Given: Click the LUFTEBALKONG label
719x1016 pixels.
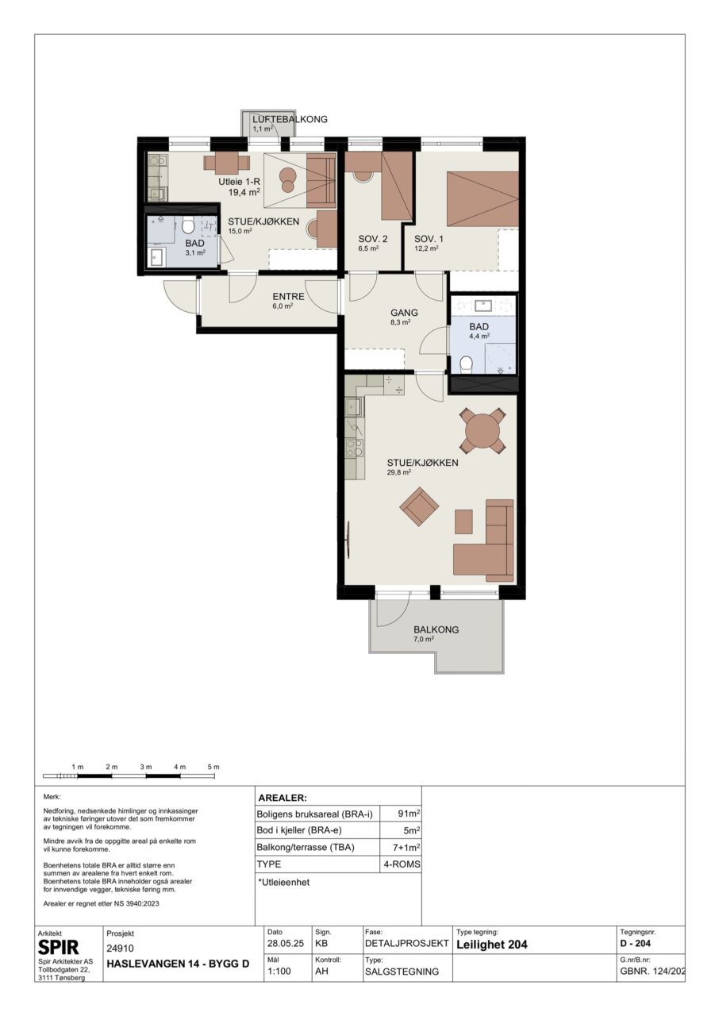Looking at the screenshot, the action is coord(290,120).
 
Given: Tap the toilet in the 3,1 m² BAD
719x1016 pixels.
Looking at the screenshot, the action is coord(187,224).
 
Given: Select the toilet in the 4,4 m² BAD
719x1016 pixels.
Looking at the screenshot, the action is coord(466,364).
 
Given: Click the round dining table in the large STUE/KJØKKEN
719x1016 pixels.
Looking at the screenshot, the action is coord(483,429).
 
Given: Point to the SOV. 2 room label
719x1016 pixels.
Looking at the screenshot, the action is coord(373,239).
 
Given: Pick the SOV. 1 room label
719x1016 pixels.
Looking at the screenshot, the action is coord(429,239).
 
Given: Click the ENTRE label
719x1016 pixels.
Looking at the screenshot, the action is coord(288,297).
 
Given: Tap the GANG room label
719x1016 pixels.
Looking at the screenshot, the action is coord(405,313).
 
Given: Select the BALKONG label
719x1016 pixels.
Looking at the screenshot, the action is coord(436,629).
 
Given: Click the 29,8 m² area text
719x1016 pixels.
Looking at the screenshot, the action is coord(399,471).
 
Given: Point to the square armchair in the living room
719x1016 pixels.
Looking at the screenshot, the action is coord(419,506).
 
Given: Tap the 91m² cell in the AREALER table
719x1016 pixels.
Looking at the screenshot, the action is coord(409,814).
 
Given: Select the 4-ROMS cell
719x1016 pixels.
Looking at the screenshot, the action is coord(402,864).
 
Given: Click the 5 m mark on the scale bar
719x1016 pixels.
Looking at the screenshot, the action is coord(213,767).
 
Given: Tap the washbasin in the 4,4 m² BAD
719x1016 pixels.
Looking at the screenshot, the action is coord(483,306).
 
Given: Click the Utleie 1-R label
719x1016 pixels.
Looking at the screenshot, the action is coord(240,182).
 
